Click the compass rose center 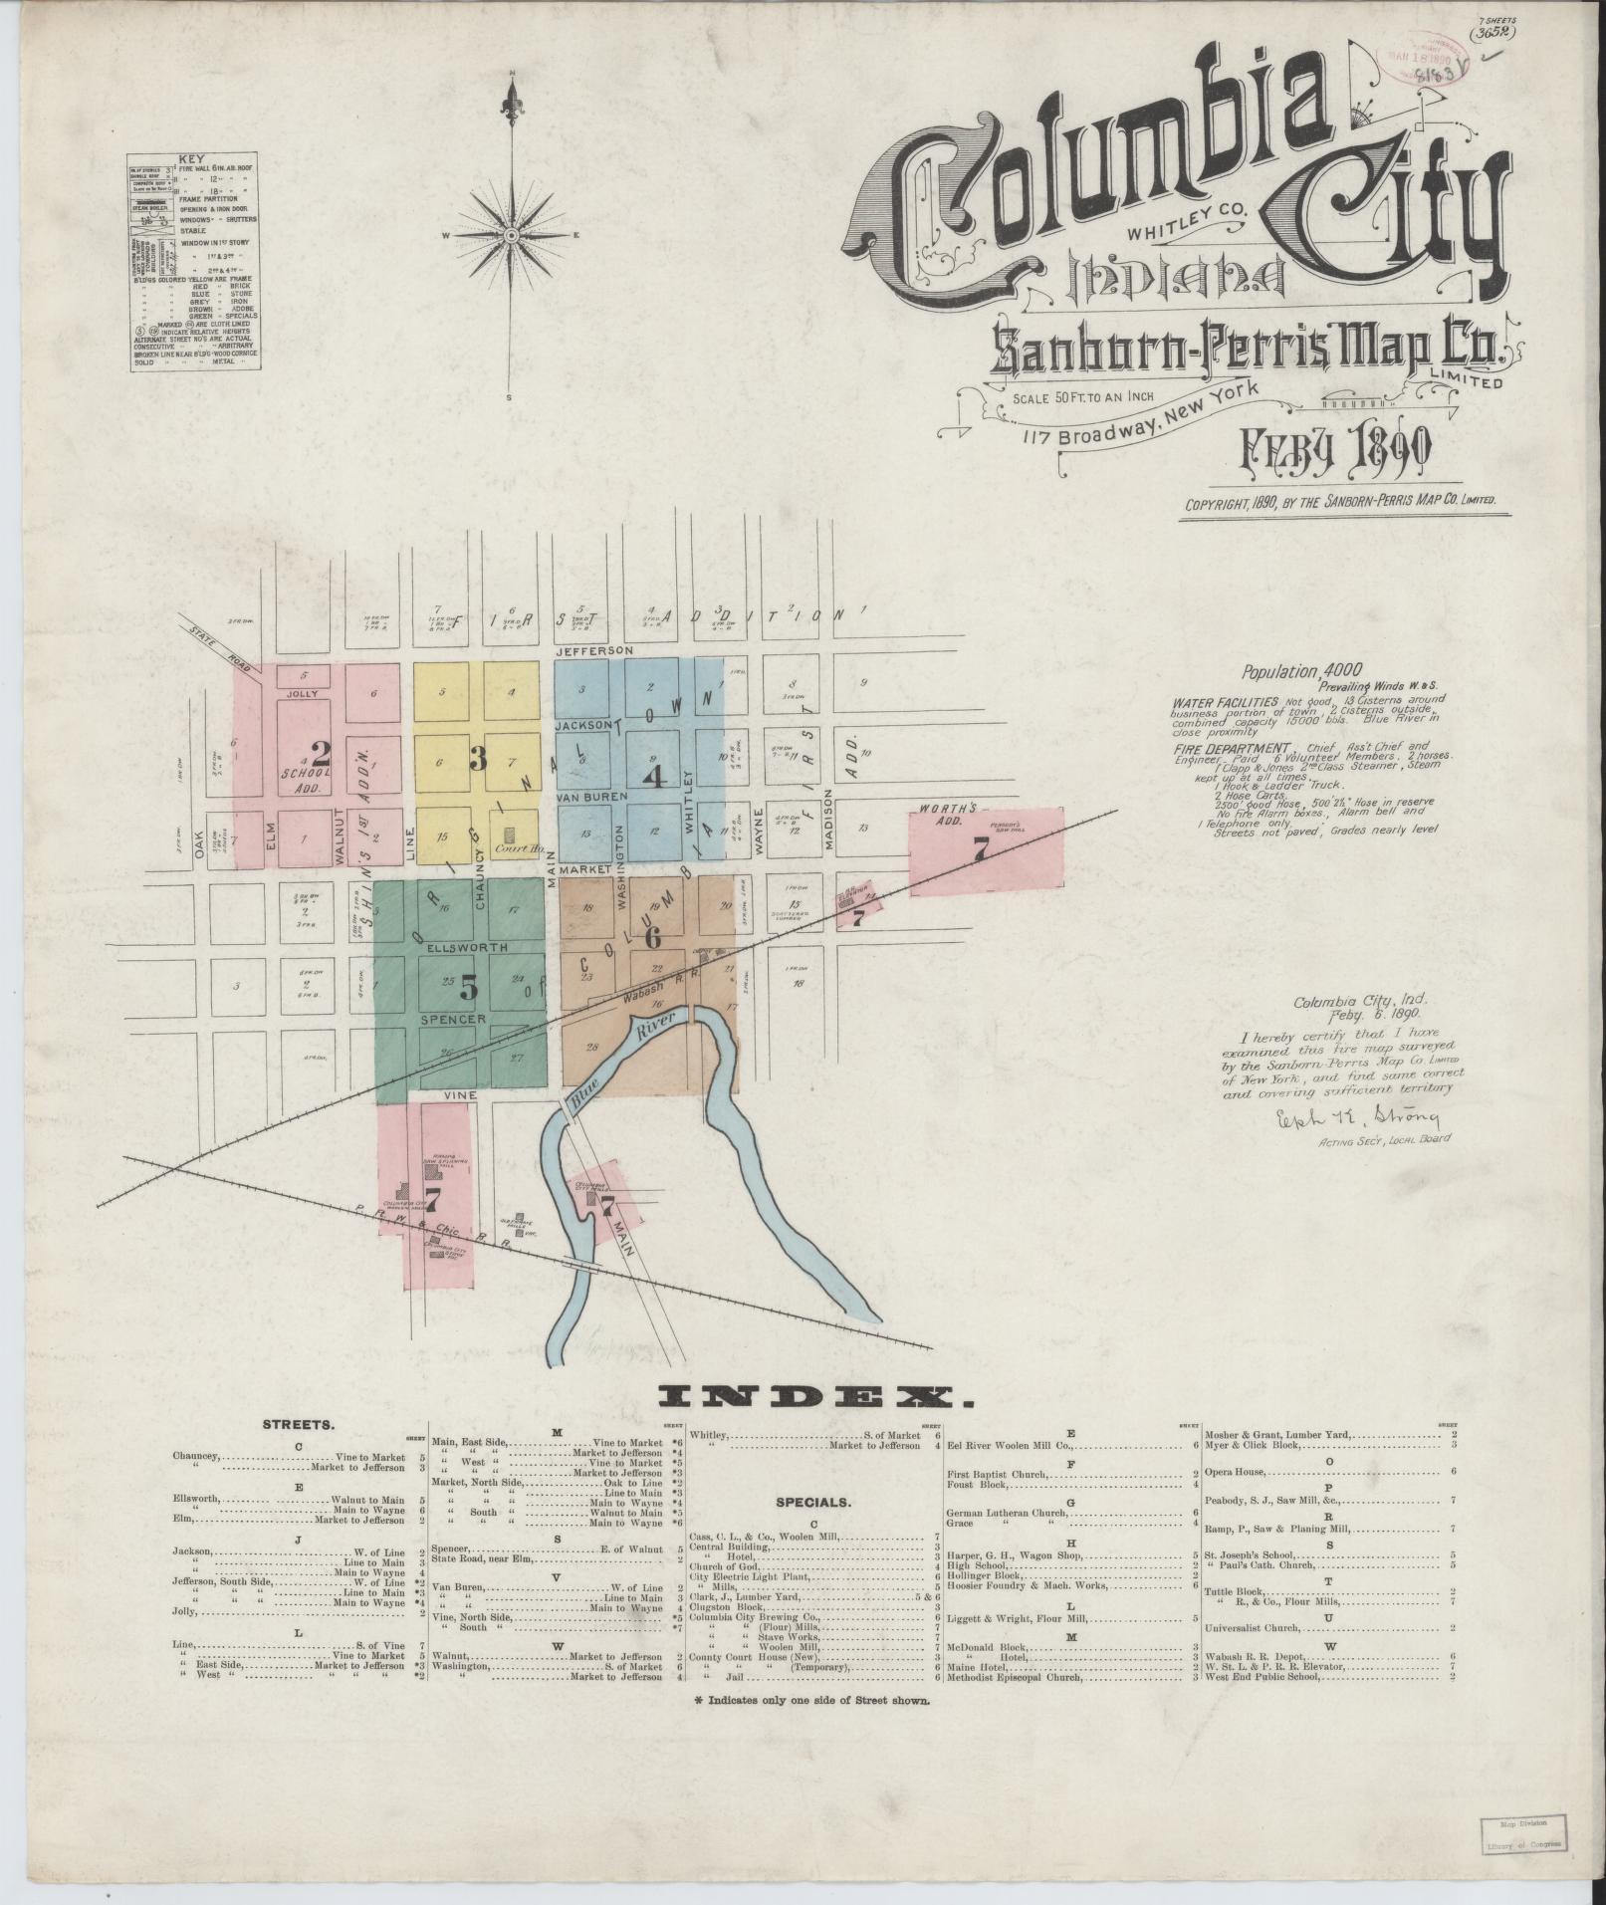(511, 235)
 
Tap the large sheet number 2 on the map (320, 754)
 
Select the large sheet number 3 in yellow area (477, 760)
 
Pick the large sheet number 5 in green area (468, 986)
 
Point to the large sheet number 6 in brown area (653, 936)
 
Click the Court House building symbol (511, 834)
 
